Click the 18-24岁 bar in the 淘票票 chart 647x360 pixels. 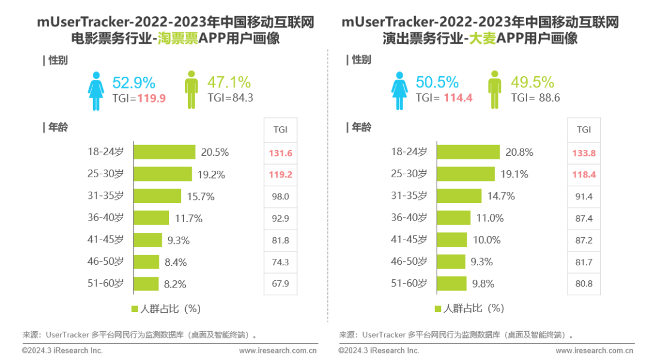tap(164, 152)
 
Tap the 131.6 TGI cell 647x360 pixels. tap(280, 153)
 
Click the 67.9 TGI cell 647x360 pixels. tap(280, 283)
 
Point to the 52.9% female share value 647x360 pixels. tap(134, 82)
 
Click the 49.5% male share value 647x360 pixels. tap(533, 82)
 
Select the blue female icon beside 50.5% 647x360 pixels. tap(400, 90)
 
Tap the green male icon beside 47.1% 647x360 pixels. tap(191, 90)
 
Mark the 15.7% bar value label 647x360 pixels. tap(200, 196)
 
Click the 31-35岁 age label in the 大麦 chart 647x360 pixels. tap(409, 196)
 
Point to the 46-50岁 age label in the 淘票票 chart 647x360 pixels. tap(105, 261)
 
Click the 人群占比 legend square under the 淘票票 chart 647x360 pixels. tap(134, 309)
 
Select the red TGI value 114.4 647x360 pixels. tap(458, 98)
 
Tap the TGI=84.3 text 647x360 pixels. tap(230, 98)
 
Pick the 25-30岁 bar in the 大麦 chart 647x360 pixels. tap(465, 174)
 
